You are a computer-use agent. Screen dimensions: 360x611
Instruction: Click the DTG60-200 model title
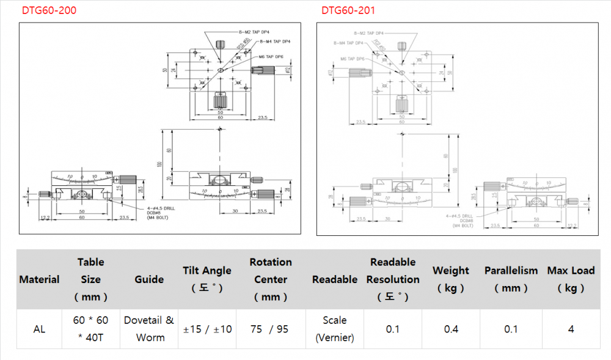point(49,10)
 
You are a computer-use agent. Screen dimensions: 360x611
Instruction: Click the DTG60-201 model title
point(348,10)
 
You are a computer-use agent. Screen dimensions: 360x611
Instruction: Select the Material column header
point(39,279)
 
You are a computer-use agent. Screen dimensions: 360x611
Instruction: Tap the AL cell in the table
point(39,329)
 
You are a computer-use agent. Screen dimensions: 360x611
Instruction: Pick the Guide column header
point(149,279)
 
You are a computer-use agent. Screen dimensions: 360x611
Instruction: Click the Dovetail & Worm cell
point(149,329)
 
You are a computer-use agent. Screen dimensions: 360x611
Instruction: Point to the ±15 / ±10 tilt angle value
point(208,329)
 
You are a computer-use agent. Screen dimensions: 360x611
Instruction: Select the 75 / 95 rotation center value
point(269,329)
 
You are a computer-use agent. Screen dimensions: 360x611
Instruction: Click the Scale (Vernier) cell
point(335,329)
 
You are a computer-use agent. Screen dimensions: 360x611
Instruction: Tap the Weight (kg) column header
point(451,279)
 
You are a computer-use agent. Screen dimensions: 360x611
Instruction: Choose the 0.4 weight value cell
point(451,329)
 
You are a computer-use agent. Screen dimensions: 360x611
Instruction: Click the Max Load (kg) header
point(571,279)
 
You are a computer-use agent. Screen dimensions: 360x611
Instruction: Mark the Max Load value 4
point(571,329)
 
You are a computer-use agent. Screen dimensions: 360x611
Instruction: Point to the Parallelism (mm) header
point(511,279)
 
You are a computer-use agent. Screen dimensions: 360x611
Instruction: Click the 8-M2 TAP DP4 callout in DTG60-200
point(254,31)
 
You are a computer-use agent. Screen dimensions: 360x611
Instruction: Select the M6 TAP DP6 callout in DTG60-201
point(353,59)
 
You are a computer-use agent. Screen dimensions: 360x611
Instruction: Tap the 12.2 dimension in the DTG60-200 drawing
point(44,218)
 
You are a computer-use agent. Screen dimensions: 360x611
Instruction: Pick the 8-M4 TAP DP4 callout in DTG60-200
point(274,42)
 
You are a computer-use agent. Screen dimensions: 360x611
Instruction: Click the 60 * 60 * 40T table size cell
point(90,329)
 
